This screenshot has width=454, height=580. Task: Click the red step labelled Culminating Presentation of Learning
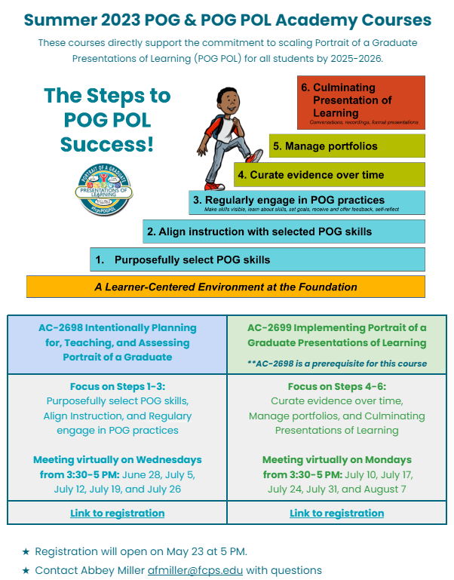tap(361, 101)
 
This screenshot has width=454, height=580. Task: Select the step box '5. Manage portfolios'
tap(347, 146)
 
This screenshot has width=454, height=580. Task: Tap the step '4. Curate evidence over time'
tap(329, 175)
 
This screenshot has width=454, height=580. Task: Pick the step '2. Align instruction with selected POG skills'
tap(284, 232)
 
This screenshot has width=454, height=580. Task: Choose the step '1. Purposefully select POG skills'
tap(256, 259)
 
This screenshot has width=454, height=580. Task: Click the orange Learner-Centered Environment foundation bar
tap(225, 287)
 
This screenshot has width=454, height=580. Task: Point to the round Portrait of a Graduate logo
tap(105, 189)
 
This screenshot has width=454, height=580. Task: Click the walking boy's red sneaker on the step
tap(253, 156)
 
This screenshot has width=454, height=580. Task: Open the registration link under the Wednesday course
tap(117, 513)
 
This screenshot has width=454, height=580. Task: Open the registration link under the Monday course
tap(336, 513)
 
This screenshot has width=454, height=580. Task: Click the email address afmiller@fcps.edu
tap(195, 570)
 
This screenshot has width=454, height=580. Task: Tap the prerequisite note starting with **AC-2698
tap(336, 364)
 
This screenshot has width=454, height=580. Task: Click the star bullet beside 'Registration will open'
tap(26, 551)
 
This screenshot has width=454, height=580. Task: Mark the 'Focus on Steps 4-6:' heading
tap(336, 387)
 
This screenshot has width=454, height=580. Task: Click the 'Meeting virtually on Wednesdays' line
tap(117, 459)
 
